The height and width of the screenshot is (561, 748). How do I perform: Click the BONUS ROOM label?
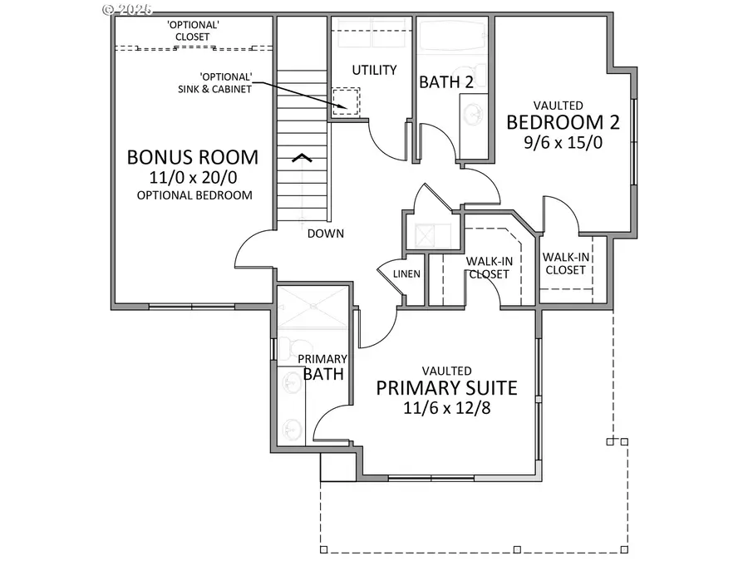(192, 157)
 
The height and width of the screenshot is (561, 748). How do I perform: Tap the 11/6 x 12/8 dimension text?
(447, 408)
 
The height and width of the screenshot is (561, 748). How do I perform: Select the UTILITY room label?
(373, 70)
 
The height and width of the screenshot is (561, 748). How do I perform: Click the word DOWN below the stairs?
(325, 234)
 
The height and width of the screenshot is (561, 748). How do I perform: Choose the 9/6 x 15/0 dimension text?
(563, 142)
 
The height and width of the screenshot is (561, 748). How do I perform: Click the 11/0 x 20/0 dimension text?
(192, 177)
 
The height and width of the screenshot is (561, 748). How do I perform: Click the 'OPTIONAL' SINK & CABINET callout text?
(216, 83)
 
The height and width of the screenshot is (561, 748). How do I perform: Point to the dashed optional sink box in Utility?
(345, 102)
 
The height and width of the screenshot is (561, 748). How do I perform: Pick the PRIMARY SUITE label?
(447, 387)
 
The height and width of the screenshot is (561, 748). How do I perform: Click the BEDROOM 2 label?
(563, 122)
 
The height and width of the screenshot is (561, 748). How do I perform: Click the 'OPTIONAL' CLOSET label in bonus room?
(192, 31)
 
